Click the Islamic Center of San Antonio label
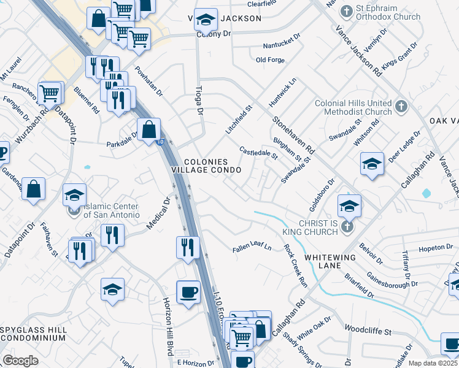(x=111, y=210)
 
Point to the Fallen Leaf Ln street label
(x=252, y=248)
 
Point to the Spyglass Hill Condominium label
(x=33, y=334)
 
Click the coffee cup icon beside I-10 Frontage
(x=188, y=292)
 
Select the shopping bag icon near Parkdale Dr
(x=149, y=130)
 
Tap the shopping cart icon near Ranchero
(x=49, y=94)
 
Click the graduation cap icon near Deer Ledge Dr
(x=372, y=164)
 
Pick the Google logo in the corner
(x=20, y=361)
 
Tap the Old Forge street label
(x=271, y=59)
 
